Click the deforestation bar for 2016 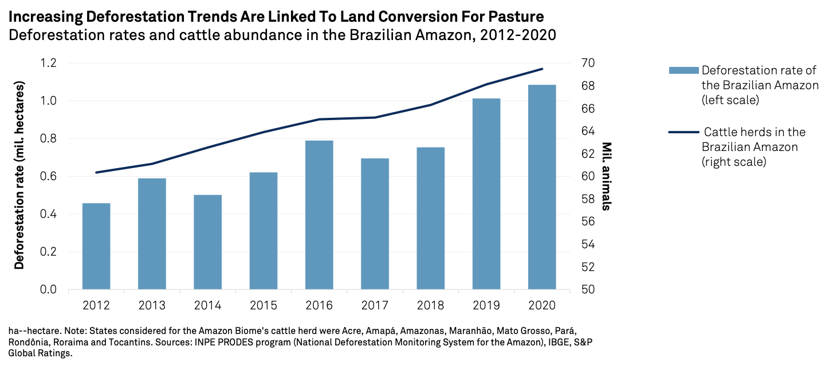coord(319,214)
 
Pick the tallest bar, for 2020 coord(542,186)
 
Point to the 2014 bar coord(207,242)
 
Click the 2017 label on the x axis coord(375,305)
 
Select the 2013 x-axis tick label coord(152,305)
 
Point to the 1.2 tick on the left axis coord(48,63)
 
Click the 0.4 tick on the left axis coord(48,214)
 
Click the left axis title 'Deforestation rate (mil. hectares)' coord(19,176)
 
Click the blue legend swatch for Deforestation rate coord(683,70)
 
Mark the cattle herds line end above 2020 coord(542,69)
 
